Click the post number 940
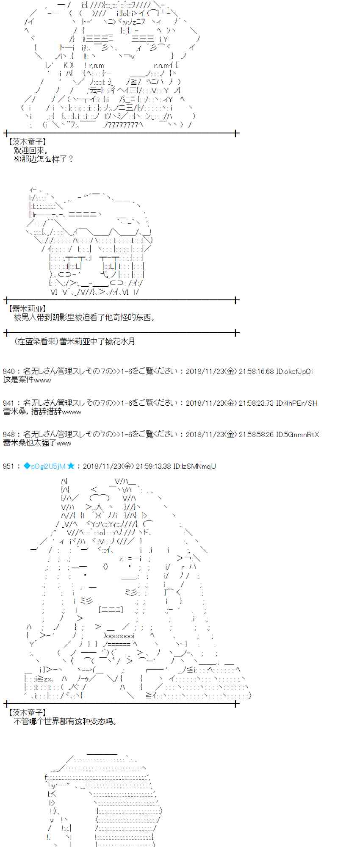[x=8, y=371]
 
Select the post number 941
[x=8, y=403]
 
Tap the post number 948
[x=8, y=435]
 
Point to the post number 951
[x=8, y=466]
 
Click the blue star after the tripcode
[x=71, y=466]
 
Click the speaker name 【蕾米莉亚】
[x=27, y=309]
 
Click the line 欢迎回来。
[x=31, y=150]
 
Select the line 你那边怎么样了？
[x=44, y=159]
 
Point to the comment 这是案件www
[x=27, y=380]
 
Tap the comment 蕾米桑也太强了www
[x=37, y=443]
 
